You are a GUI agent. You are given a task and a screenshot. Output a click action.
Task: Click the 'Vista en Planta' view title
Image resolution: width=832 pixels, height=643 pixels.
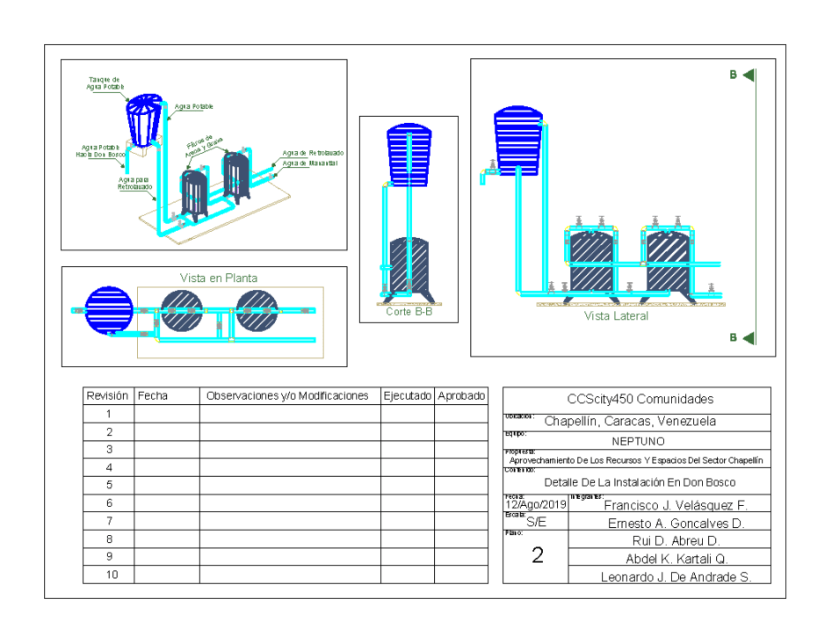[x=219, y=278]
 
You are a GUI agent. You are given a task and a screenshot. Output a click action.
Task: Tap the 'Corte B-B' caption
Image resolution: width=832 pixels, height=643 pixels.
[x=409, y=312]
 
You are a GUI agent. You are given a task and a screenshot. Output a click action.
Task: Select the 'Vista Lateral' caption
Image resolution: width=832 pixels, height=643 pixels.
[x=616, y=316]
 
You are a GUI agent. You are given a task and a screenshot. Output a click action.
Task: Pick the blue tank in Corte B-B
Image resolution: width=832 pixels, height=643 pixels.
[x=409, y=156]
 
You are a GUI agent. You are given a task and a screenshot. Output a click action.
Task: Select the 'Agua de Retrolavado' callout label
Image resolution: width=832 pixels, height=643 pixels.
[x=313, y=153]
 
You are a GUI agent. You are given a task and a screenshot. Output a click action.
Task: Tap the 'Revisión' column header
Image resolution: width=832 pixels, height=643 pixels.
[x=108, y=396]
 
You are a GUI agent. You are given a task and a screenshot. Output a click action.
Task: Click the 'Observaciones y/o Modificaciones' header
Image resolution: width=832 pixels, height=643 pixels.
[x=287, y=396]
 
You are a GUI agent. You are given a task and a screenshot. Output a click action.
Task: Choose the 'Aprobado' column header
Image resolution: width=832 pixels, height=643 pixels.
[x=461, y=396]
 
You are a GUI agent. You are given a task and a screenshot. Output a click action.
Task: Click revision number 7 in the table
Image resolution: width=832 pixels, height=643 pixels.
[x=108, y=521]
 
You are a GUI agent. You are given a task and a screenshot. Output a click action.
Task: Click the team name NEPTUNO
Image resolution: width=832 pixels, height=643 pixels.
[x=638, y=442]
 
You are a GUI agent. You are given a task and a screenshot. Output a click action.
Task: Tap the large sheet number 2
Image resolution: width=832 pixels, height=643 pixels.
[x=537, y=555]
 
